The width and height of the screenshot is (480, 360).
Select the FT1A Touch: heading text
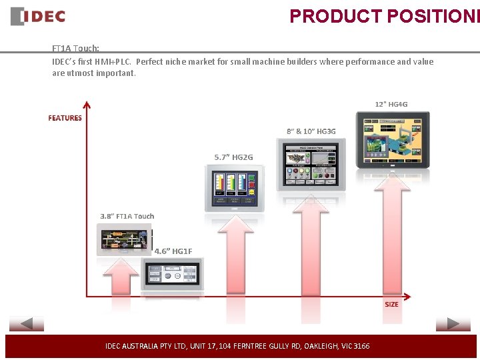76,49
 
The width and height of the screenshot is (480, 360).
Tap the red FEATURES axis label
65,118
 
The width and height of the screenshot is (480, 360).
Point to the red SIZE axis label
391,304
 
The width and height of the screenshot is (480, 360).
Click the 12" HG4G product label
391,104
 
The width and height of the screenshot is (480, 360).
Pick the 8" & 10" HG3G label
311,131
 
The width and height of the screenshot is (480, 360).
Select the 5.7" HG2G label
233,157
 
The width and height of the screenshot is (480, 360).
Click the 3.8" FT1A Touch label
127,216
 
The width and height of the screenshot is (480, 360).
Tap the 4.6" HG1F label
173,251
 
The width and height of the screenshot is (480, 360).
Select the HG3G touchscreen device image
311,163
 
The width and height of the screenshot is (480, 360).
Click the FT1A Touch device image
123,239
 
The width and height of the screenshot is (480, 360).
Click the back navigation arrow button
27,325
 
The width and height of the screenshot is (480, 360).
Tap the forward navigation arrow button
453,325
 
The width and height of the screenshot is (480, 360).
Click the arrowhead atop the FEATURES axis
86,104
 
